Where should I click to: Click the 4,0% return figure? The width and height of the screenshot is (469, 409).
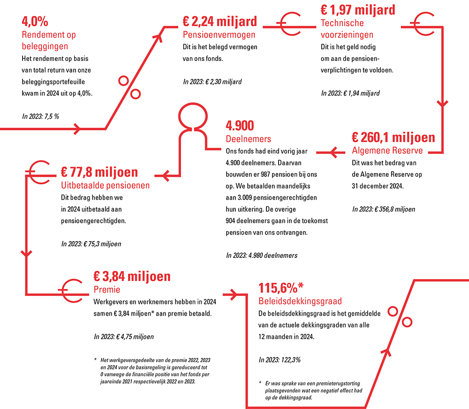point(35,22)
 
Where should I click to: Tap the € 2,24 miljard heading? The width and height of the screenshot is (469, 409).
point(220,22)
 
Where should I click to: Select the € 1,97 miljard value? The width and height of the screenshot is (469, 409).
point(358,9)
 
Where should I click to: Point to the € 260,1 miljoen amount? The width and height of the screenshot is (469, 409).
point(393,138)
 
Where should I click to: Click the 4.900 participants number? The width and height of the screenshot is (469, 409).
point(240,126)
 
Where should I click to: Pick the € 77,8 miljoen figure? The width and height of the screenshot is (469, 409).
point(99,172)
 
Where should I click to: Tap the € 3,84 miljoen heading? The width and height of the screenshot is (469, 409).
point(132,276)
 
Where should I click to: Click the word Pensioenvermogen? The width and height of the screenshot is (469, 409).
point(219,34)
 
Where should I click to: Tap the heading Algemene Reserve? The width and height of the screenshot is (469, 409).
point(387,151)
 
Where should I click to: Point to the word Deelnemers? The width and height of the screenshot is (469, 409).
point(249,139)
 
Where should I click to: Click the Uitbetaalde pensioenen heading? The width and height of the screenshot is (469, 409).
point(106,185)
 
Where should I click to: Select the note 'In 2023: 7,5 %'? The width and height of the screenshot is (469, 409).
point(40,116)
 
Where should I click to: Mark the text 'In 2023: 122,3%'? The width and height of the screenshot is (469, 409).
point(280,360)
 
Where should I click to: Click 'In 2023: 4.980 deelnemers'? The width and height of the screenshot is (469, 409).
point(262,256)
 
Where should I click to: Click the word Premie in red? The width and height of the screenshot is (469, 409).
point(107,289)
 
